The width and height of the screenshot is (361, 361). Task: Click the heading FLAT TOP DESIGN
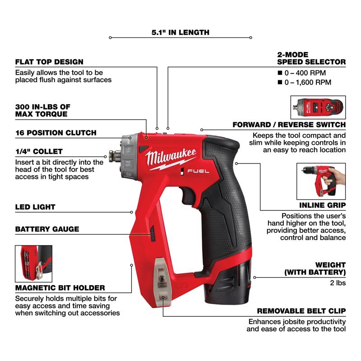point(49,62)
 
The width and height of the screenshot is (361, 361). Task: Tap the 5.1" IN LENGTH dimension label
point(180,32)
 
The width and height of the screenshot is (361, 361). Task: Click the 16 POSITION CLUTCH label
point(56,133)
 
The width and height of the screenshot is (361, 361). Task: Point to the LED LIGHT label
point(35,207)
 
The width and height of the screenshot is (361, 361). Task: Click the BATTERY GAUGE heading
point(47,229)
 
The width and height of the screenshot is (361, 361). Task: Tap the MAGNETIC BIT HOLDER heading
point(60,287)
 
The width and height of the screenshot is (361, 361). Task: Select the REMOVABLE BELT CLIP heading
point(301,311)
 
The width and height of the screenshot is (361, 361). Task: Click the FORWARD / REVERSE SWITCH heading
point(289,125)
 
